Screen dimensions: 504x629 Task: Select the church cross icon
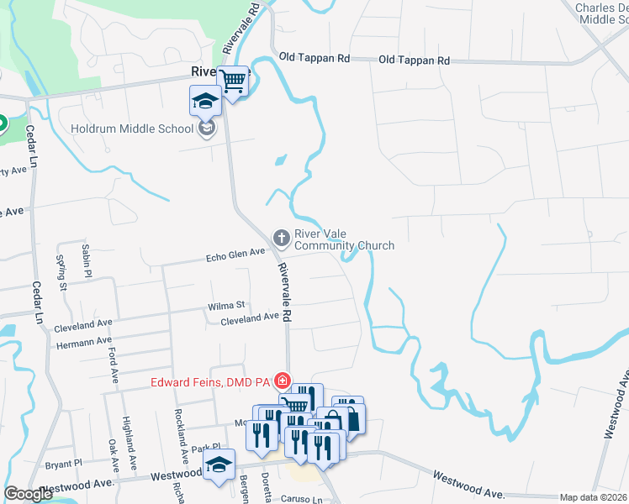(x=281, y=239)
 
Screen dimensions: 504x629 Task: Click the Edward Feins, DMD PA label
(x=209, y=382)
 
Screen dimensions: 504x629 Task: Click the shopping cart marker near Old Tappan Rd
(x=234, y=81)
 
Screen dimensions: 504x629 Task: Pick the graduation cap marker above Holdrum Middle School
(x=204, y=101)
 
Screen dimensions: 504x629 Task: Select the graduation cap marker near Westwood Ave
(x=219, y=465)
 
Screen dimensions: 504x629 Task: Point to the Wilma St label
(x=227, y=305)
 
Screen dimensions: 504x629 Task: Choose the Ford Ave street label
(x=114, y=360)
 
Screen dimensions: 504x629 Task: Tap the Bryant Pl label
(x=63, y=463)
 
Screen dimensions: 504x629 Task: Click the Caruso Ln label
(x=305, y=499)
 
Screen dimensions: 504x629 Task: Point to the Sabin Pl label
(x=87, y=261)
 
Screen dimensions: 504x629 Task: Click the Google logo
(x=29, y=494)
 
